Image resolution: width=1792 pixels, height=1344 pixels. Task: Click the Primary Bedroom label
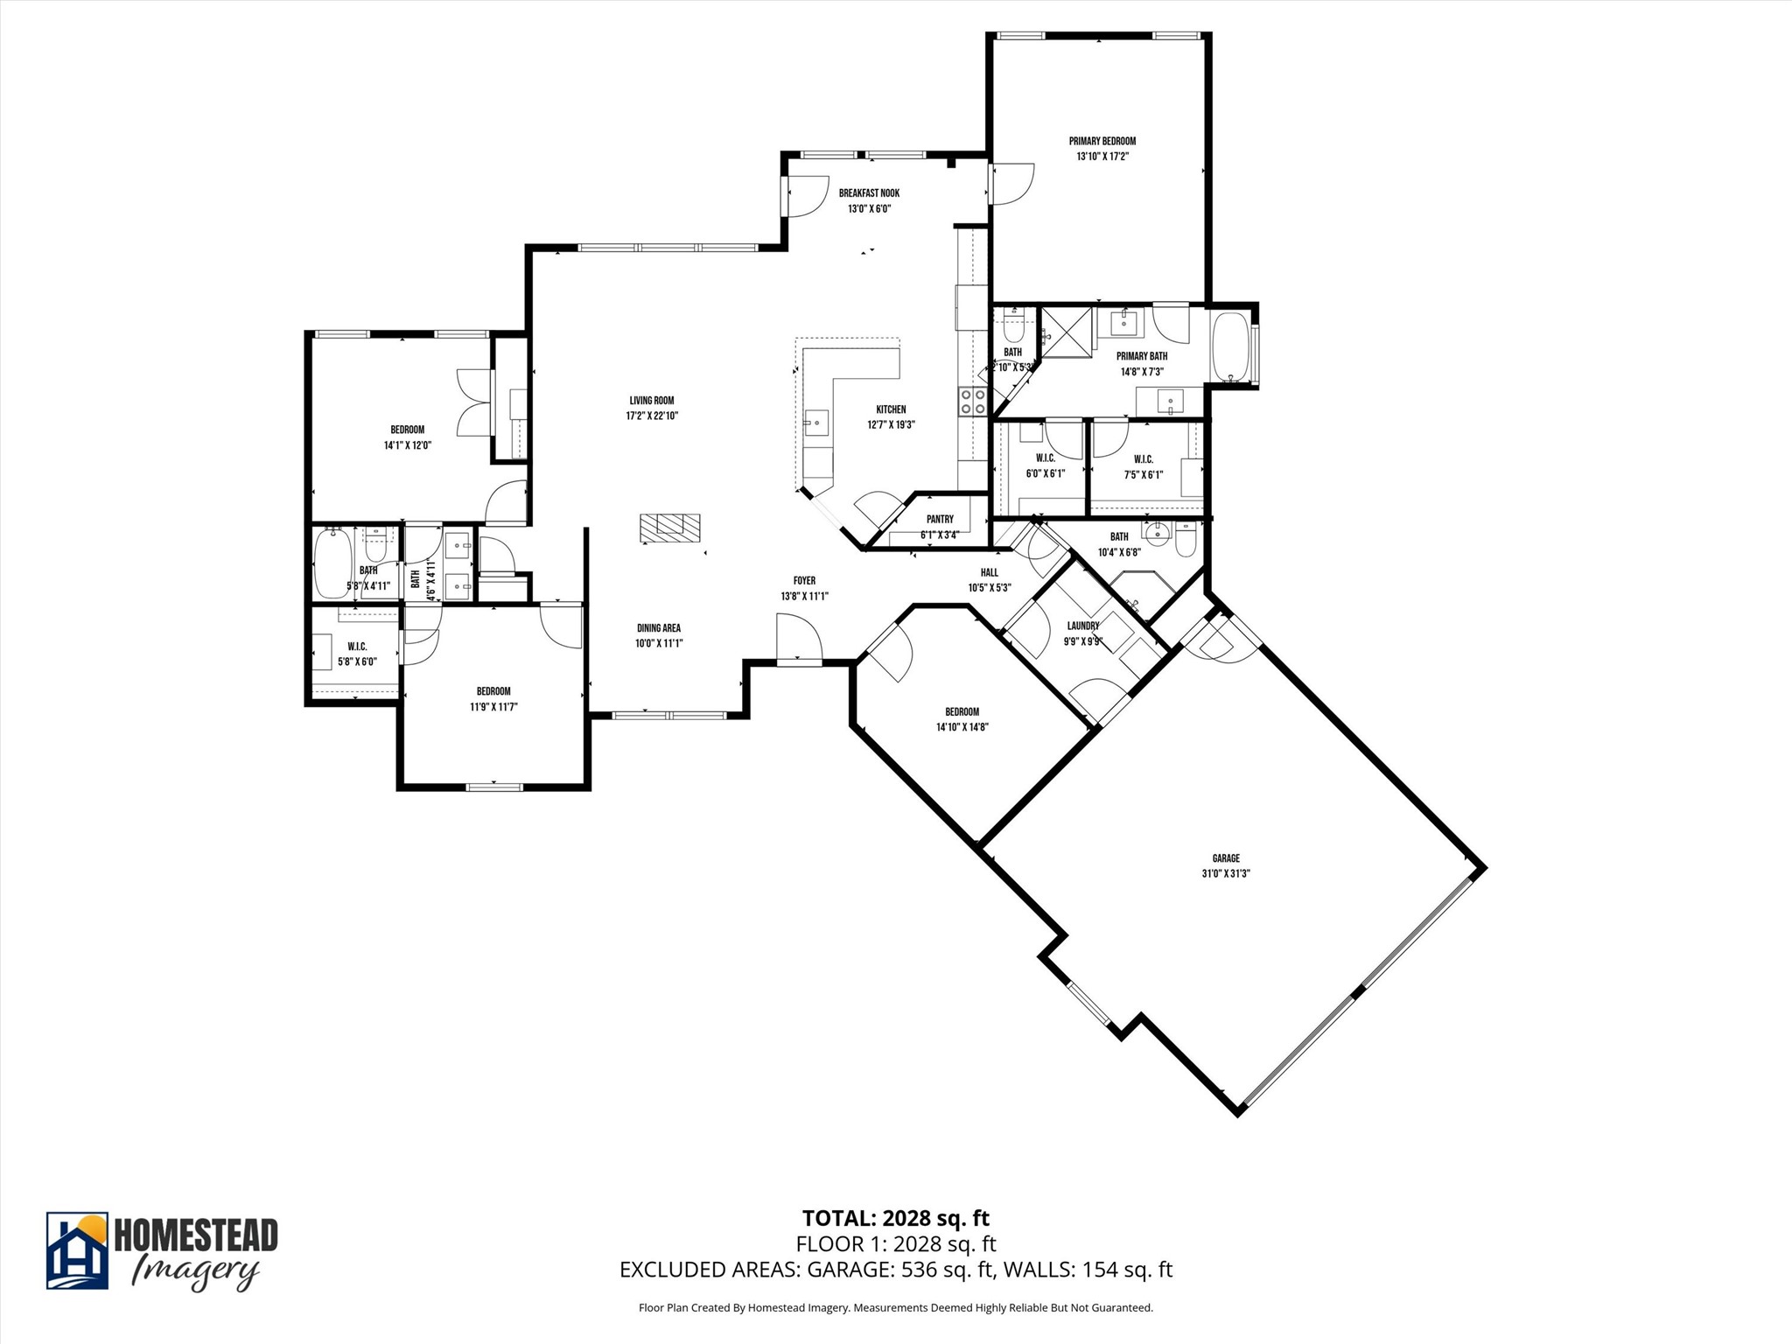coord(1102,141)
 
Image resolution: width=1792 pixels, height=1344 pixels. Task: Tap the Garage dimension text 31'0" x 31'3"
coord(1225,873)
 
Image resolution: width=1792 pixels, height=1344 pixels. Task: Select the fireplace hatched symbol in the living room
coord(669,526)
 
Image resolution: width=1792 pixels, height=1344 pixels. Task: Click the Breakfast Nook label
coord(868,193)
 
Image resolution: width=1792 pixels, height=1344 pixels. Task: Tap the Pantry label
coord(940,520)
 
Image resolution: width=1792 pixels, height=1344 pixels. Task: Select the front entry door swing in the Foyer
coord(798,636)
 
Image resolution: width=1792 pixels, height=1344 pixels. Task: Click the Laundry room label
coord(1082,626)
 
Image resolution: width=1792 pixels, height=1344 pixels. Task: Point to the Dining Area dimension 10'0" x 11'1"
coord(658,643)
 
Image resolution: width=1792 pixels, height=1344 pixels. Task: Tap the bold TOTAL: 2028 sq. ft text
coord(895,1218)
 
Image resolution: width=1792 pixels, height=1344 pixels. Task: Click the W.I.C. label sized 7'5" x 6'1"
coord(1143,459)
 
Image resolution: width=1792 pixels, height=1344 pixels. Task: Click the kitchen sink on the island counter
coord(816,423)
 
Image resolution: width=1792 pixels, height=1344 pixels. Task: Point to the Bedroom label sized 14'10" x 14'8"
coord(962,711)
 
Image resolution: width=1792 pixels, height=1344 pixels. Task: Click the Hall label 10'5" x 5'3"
coord(989,573)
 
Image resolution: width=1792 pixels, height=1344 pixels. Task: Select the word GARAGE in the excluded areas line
coord(847,1270)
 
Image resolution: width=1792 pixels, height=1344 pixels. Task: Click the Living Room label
coord(652,401)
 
